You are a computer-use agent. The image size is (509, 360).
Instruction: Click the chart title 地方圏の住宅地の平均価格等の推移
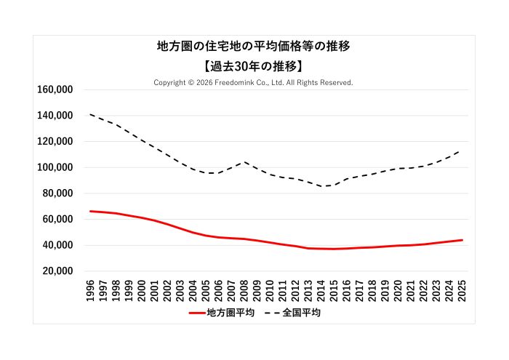pyautogui.click(x=254, y=47)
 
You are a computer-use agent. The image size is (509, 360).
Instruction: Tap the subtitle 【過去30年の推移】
pyautogui.click(x=254, y=66)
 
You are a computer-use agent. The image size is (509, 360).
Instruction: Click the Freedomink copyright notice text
pyautogui.click(x=254, y=83)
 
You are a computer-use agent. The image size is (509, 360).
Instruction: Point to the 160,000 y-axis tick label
pyautogui.click(x=54, y=89)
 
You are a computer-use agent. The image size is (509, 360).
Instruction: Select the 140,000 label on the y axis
pyautogui.click(x=54, y=116)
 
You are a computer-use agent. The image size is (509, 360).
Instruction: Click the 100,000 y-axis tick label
pyautogui.click(x=54, y=167)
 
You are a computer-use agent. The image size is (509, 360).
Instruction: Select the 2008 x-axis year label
pyautogui.click(x=245, y=288)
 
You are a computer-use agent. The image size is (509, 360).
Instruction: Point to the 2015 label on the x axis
pyautogui.click(x=334, y=288)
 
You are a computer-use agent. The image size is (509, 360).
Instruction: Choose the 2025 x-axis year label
pyautogui.click(x=462, y=288)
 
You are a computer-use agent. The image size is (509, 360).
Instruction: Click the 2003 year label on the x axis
pyautogui.click(x=181, y=288)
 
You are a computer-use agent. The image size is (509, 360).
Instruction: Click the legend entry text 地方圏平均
pyautogui.click(x=231, y=313)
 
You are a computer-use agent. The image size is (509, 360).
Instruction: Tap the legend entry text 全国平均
pyautogui.click(x=301, y=313)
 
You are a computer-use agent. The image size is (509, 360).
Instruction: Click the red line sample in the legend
pyautogui.click(x=196, y=313)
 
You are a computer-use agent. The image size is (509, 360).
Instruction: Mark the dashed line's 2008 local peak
pyautogui.click(x=245, y=162)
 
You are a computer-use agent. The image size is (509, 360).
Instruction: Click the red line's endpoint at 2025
pyautogui.click(x=462, y=240)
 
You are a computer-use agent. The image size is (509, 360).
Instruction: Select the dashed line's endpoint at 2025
pyautogui.click(x=462, y=151)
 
